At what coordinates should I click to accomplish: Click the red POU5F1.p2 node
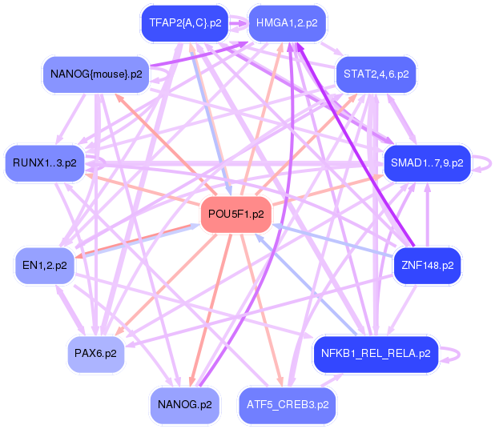pos(235,214)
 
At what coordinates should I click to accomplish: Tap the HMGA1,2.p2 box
pos(288,22)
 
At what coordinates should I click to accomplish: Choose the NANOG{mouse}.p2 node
pos(95,74)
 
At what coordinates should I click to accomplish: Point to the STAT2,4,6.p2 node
pos(376,74)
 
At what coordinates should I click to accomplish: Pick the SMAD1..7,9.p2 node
pos(426,162)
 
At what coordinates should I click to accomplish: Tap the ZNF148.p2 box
pos(426,264)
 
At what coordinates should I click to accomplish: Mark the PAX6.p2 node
pos(95,352)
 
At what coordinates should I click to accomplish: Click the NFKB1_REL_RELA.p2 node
pos(375,352)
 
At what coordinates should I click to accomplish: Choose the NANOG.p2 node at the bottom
pos(184,405)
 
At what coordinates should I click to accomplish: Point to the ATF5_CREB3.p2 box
pos(288,405)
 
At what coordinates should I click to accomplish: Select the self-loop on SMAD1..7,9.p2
pos(483,163)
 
